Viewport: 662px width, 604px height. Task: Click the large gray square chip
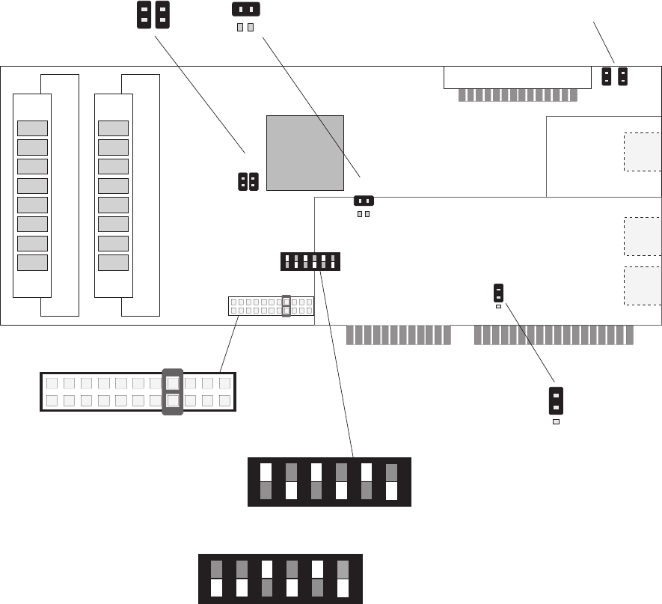[x=305, y=153]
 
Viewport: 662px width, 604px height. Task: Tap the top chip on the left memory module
[x=32, y=128]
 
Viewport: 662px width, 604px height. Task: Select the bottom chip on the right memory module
[x=113, y=263]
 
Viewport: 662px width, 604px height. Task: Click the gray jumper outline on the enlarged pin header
[x=173, y=391]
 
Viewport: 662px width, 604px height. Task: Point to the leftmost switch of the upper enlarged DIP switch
[x=266, y=481]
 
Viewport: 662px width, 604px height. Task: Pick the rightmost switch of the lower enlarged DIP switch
[x=343, y=579]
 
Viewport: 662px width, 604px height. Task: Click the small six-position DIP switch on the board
[x=310, y=261]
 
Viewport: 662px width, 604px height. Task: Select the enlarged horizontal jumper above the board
[x=246, y=9]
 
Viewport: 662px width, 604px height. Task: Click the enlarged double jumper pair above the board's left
[x=153, y=15]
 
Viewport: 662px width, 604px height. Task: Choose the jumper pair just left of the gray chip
[x=248, y=181]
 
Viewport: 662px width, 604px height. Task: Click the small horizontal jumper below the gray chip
[x=364, y=201]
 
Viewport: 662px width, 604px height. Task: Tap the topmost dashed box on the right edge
[x=643, y=153]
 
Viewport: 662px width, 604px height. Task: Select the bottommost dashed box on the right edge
[x=643, y=285]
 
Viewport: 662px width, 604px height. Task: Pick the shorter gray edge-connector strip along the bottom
[x=399, y=335]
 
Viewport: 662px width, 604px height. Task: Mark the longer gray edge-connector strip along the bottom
[x=554, y=335]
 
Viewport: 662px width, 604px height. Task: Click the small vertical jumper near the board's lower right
[x=498, y=292]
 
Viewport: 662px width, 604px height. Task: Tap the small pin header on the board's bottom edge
[x=271, y=305]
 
